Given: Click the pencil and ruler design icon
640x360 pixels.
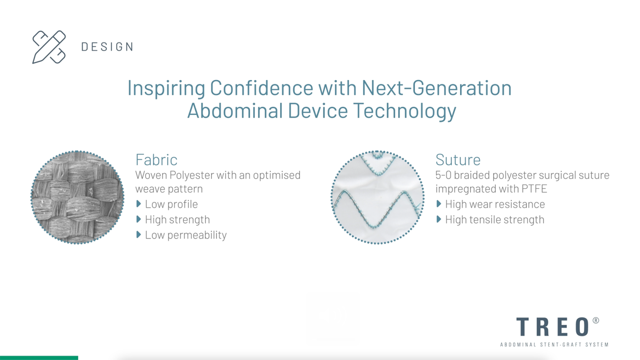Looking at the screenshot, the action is click(x=49, y=47).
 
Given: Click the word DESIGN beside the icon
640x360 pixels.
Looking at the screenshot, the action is click(x=107, y=47).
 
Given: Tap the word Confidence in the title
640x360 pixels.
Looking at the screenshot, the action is click(x=261, y=88).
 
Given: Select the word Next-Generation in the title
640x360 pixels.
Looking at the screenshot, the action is click(x=437, y=88).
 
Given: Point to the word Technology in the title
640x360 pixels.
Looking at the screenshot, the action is click(x=405, y=111).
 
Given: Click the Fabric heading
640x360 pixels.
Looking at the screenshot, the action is click(x=156, y=160).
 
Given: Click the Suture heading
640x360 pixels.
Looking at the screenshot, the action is click(x=458, y=160).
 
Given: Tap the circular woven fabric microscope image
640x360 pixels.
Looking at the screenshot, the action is click(x=77, y=197).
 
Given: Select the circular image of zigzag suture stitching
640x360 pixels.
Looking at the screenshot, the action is click(x=378, y=197).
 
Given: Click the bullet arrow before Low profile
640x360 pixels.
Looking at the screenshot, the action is click(x=139, y=204).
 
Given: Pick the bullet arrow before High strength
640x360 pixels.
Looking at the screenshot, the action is click(x=139, y=220).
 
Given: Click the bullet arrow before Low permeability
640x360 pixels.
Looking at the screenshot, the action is click(x=139, y=235).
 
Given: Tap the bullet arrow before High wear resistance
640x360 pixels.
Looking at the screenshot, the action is click(x=439, y=204).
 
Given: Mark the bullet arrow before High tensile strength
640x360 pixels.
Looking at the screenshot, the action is click(x=439, y=220).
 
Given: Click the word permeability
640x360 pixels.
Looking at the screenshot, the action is click(x=197, y=235).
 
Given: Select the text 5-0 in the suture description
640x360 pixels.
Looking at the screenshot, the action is click(x=443, y=175).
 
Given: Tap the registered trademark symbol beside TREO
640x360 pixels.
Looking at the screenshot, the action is click(x=596, y=320).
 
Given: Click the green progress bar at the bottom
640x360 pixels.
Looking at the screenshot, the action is click(x=39, y=358).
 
